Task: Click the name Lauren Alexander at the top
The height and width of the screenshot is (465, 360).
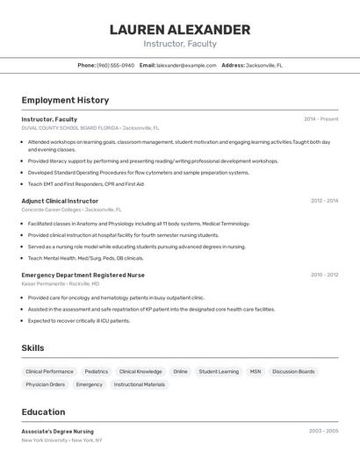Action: click(x=180, y=30)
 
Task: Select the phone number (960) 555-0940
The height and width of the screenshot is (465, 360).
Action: click(x=115, y=65)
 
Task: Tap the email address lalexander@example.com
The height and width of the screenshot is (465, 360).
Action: click(x=186, y=65)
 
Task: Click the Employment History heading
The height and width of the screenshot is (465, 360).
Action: click(x=65, y=100)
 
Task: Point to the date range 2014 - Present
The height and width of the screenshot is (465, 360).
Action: click(x=320, y=118)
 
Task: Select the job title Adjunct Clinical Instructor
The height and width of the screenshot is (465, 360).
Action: click(x=60, y=201)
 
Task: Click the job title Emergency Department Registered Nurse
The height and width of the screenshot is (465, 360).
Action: click(x=83, y=275)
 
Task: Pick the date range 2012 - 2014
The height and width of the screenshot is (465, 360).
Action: click(x=324, y=201)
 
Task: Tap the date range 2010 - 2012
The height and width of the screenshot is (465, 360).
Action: click(x=324, y=275)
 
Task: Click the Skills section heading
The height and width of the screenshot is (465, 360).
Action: click(x=32, y=348)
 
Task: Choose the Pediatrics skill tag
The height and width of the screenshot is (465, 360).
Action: click(x=97, y=371)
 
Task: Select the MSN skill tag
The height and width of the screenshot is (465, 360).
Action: click(x=256, y=371)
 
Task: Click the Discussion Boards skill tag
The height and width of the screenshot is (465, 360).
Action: click(x=293, y=371)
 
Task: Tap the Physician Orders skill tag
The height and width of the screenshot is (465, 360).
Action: click(x=46, y=384)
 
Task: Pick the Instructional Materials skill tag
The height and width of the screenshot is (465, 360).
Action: click(x=140, y=384)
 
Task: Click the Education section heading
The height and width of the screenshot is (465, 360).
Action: click(x=43, y=412)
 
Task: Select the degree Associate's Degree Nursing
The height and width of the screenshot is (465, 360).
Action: click(x=57, y=431)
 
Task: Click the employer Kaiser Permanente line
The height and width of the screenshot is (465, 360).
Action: click(x=60, y=284)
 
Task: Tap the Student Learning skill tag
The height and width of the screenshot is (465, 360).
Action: click(x=219, y=371)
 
